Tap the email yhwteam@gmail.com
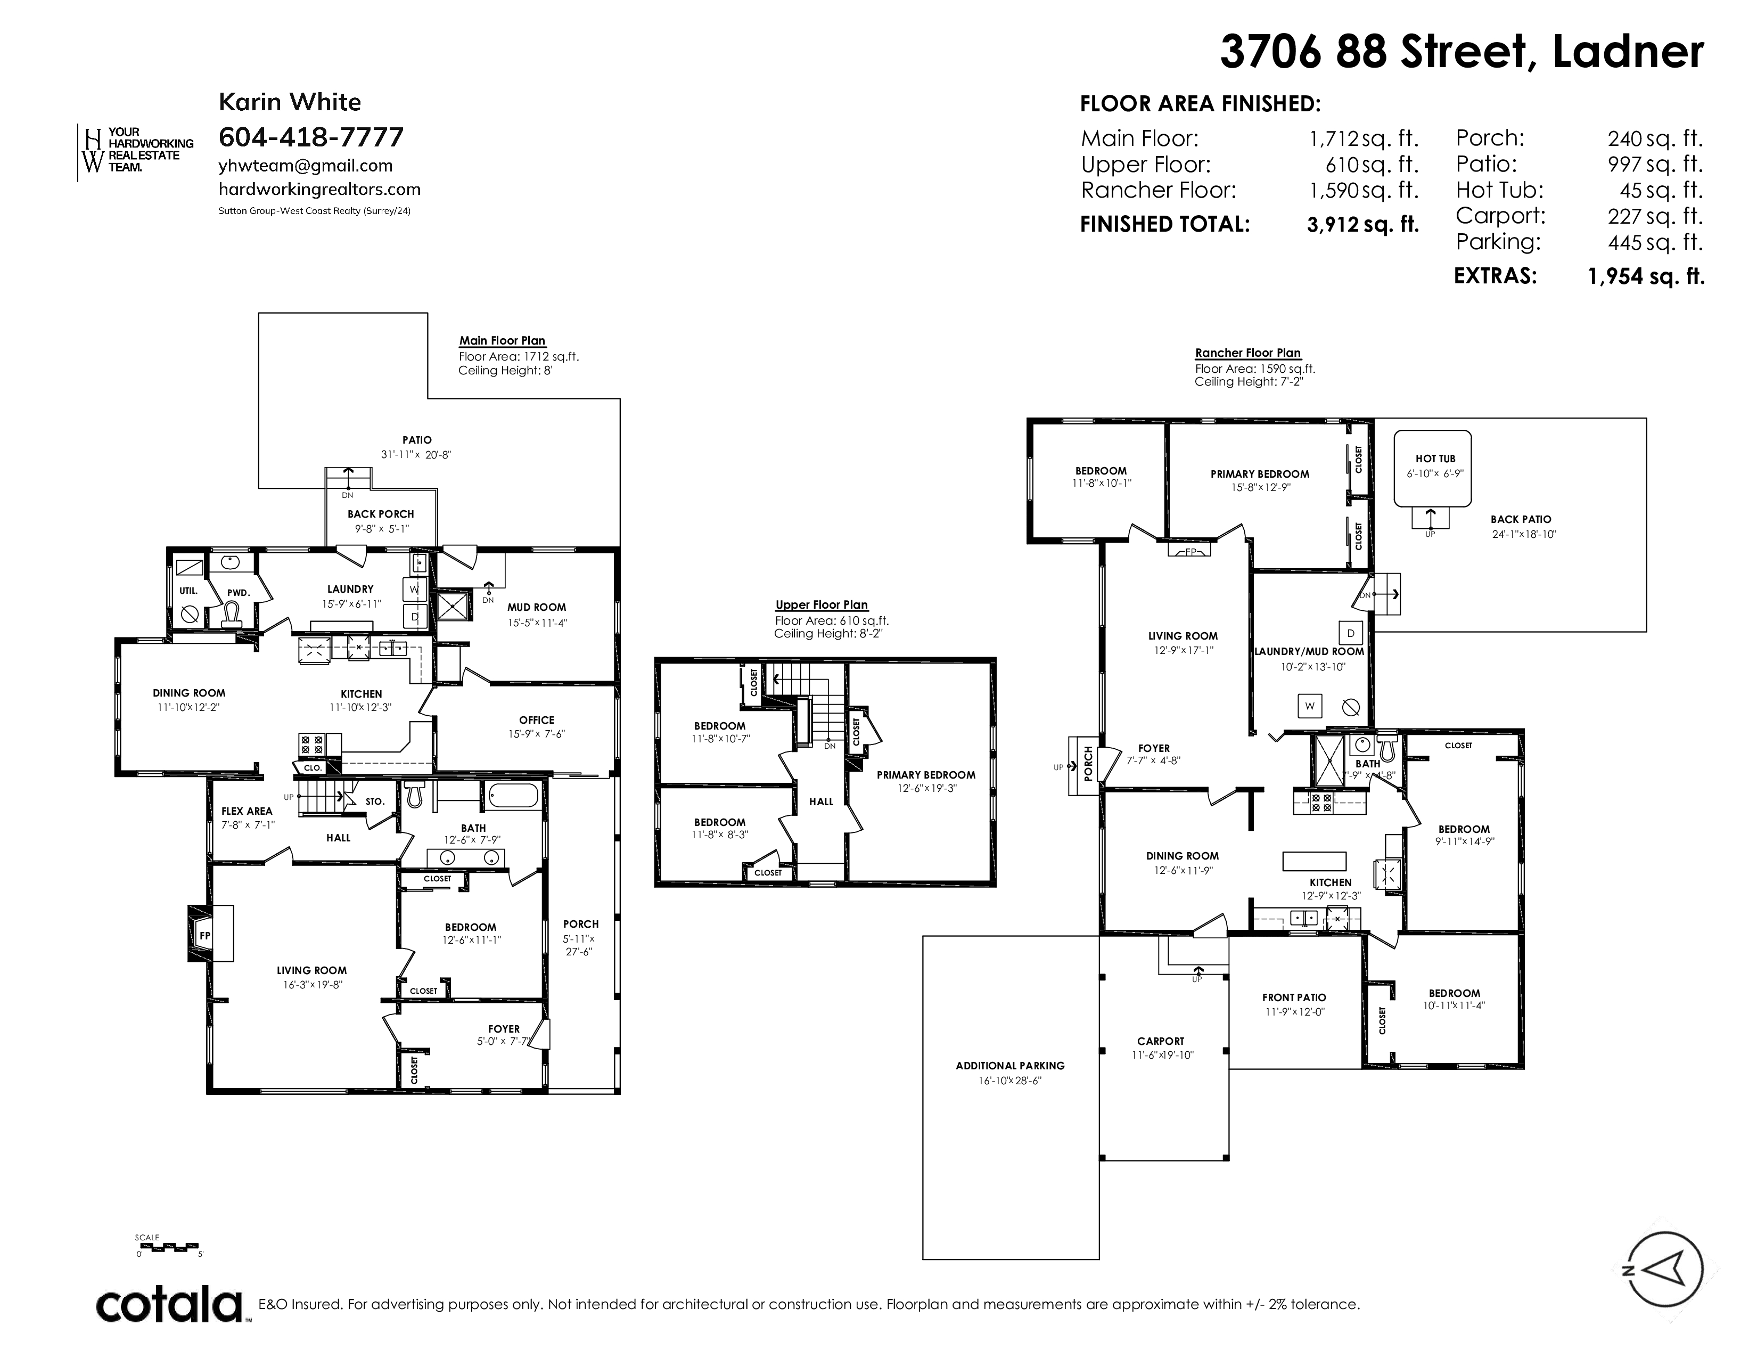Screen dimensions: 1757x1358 tap(306, 166)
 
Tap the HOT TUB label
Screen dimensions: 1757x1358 tap(1435, 459)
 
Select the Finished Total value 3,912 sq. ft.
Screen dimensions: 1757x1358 tap(1363, 224)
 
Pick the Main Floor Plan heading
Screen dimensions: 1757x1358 tap(502, 340)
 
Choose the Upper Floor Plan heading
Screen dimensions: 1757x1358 tap(822, 605)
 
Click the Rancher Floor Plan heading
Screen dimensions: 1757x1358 tap(1248, 353)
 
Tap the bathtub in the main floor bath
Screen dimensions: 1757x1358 tap(512, 797)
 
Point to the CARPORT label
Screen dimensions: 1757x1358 tap(1160, 1041)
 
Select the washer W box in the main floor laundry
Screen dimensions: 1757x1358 tap(414, 590)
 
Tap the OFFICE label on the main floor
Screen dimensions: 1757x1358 tap(537, 720)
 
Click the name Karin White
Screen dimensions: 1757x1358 tap(290, 102)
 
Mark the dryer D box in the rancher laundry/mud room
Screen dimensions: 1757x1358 tap(1351, 633)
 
